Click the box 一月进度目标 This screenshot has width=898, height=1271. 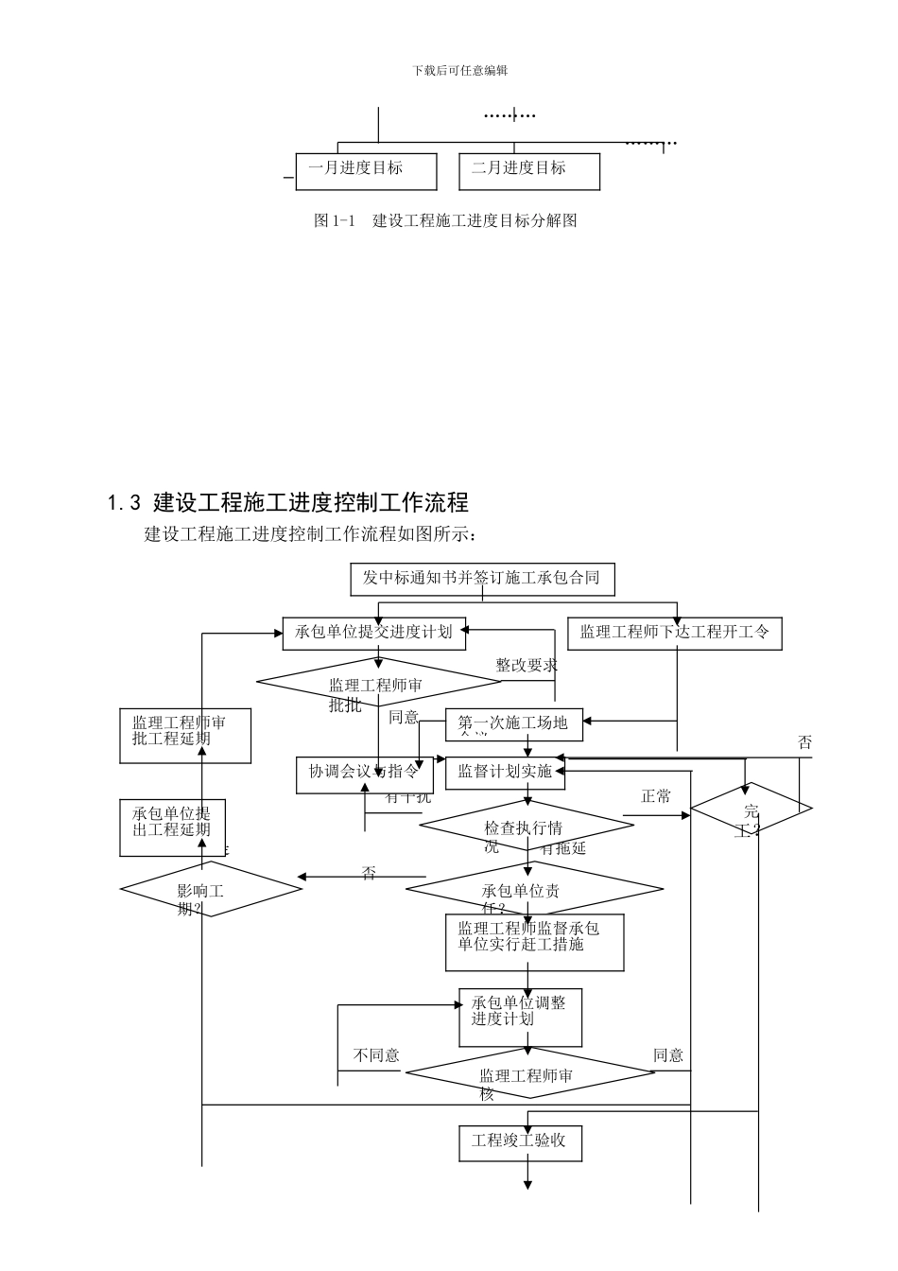point(366,171)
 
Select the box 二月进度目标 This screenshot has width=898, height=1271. point(528,171)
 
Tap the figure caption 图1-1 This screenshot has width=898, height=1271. point(334,221)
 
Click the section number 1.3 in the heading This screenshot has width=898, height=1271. point(125,502)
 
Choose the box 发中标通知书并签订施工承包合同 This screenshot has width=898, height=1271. point(481,578)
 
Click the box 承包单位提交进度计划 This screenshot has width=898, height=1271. point(374,633)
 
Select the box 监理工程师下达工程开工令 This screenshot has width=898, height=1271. point(675,633)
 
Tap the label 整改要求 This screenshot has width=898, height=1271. point(527,666)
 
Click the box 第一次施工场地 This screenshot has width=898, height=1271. point(514,724)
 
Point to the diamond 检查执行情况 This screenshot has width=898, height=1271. point(526,829)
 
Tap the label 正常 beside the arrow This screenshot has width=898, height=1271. point(656,797)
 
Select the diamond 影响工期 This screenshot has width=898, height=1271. point(210,889)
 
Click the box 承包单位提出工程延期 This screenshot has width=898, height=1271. point(173,827)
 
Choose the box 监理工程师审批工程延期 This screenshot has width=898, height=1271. point(185,735)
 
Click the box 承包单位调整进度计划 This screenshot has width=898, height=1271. point(520,1018)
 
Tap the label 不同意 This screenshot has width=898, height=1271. point(376,1055)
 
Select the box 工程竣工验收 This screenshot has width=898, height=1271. point(520,1142)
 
